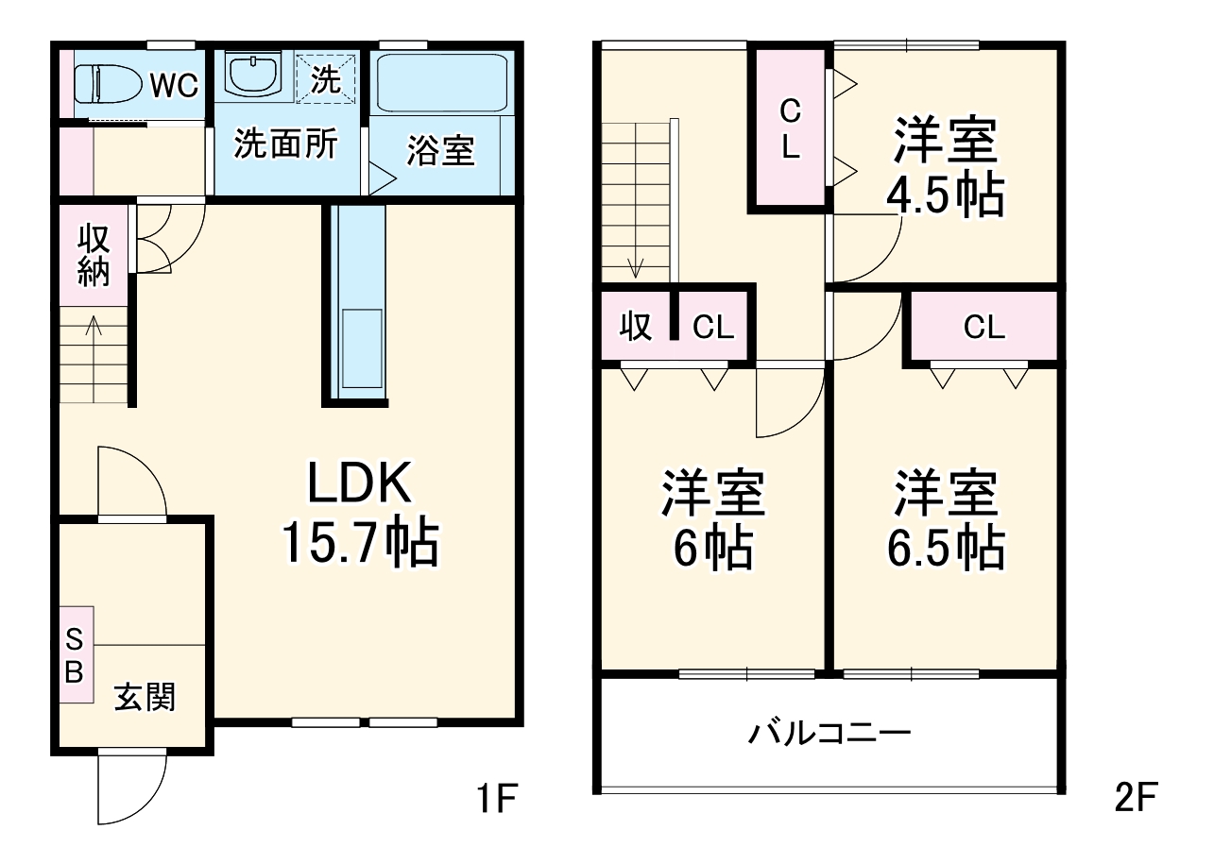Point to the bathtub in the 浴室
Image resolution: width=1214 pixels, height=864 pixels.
(x=442, y=83)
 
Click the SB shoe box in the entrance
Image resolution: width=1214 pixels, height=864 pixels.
(x=75, y=655)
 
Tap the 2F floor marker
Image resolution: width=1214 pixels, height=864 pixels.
(x=1135, y=801)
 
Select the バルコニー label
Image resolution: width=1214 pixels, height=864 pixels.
(x=829, y=733)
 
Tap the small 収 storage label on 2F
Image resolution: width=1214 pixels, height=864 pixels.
(x=636, y=328)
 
